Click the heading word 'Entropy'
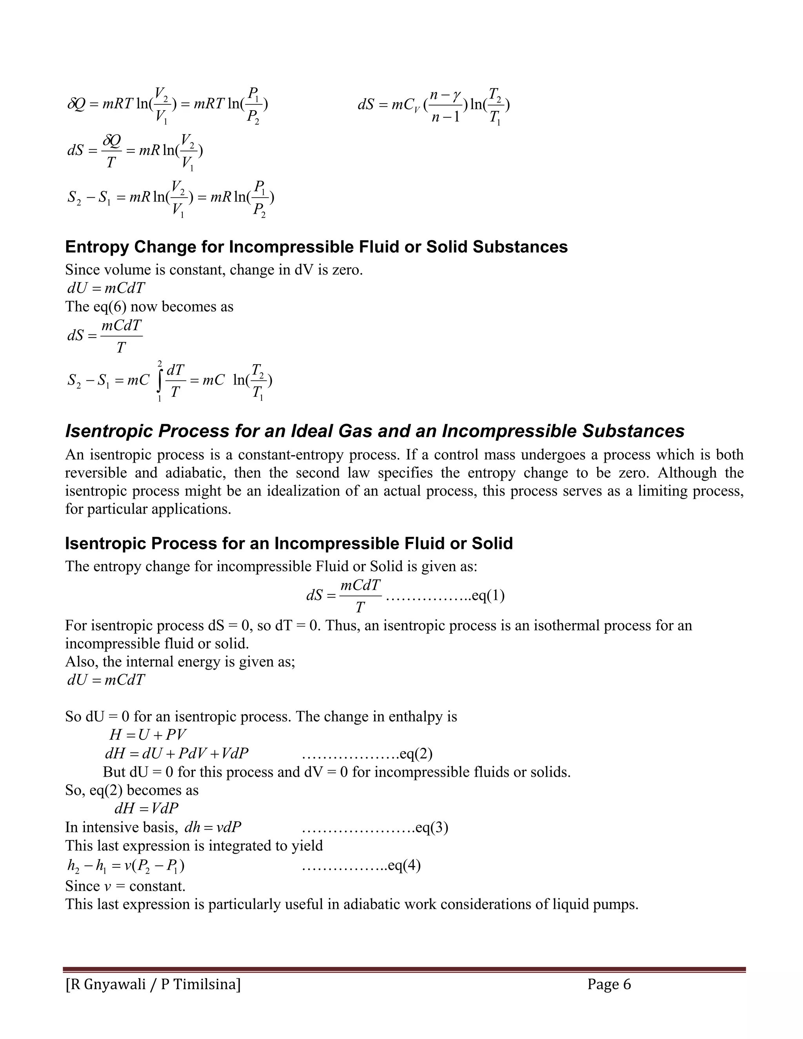click(97, 247)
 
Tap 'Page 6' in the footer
click(609, 984)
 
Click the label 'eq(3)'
click(431, 827)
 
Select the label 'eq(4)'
click(404, 865)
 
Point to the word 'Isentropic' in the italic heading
click(109, 431)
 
